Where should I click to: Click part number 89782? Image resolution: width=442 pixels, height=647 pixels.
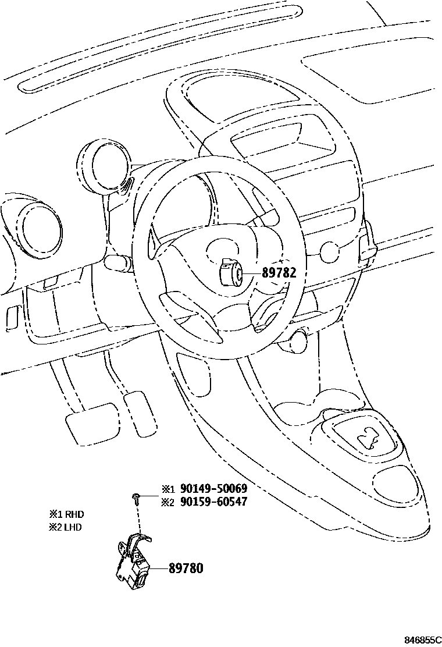[279, 272]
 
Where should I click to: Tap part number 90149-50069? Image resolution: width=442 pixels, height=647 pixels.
[213, 489]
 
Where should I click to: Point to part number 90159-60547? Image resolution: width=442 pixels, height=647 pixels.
[213, 502]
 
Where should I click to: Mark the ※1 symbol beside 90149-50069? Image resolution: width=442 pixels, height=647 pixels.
[167, 489]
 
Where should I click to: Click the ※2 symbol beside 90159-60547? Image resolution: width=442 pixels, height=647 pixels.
[167, 502]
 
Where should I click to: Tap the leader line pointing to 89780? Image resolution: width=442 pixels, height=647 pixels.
[159, 567]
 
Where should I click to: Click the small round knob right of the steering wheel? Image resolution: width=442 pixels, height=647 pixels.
[329, 252]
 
